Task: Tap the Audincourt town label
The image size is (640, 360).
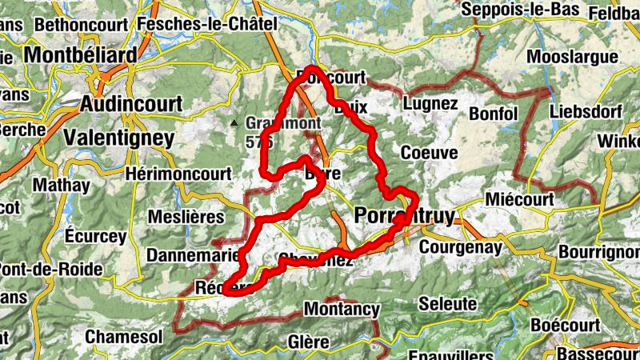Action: tap(131, 104)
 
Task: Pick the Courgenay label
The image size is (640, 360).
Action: tap(460, 247)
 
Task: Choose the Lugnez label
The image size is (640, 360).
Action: tap(430, 104)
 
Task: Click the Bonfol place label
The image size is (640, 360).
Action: tap(494, 113)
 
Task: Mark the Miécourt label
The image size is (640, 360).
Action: tap(519, 199)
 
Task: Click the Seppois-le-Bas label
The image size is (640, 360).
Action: tap(524, 8)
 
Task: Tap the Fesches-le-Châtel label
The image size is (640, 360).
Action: tap(206, 25)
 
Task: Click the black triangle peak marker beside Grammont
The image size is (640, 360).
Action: tap(234, 123)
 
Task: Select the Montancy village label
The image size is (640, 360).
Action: tap(342, 309)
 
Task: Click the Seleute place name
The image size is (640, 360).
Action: tap(449, 305)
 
